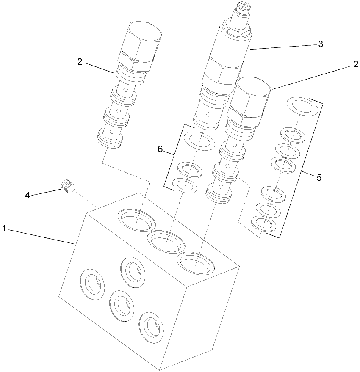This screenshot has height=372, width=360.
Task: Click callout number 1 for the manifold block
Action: point(4,229)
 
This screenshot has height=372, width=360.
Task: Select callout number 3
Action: point(321,44)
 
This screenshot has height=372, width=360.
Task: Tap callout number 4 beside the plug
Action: point(28,195)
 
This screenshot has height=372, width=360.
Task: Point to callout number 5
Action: point(318,177)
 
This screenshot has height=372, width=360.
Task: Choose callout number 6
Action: point(160,149)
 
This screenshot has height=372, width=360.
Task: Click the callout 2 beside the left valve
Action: point(80,62)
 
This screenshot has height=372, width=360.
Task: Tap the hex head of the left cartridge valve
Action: point(142,42)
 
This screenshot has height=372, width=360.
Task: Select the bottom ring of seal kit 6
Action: point(186,185)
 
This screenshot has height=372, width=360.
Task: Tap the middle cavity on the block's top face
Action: point(166,242)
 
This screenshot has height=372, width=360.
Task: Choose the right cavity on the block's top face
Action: point(196,264)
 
